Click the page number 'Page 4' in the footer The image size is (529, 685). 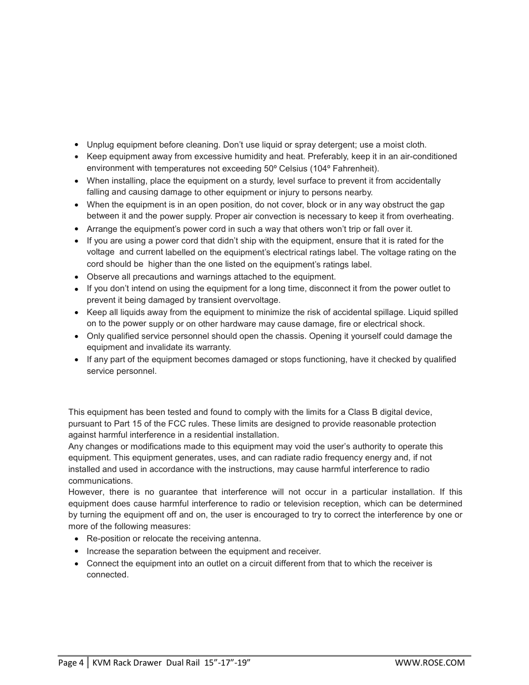coord(71,662)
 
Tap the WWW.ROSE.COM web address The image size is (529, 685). coord(430,662)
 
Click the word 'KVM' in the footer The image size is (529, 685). coord(101,662)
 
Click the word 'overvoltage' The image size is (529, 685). coord(257,300)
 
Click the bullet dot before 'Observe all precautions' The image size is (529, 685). coord(77,277)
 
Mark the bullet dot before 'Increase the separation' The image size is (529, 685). coord(77,552)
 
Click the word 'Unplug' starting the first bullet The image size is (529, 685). coord(100,145)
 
